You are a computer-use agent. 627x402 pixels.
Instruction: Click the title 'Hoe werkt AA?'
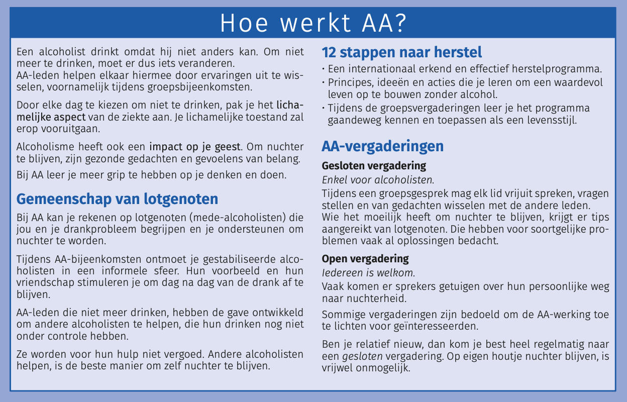[x=313, y=23]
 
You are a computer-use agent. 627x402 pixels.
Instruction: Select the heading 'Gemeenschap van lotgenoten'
[x=117, y=199]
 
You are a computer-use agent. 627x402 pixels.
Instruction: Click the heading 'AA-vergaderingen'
[x=382, y=146]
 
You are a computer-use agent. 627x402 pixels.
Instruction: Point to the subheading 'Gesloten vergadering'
[x=374, y=165]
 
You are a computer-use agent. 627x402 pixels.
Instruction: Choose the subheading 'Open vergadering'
[x=365, y=259]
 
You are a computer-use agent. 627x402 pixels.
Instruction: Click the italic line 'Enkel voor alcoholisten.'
[x=378, y=179]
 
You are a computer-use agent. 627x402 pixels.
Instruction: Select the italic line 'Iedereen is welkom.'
[x=368, y=273]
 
